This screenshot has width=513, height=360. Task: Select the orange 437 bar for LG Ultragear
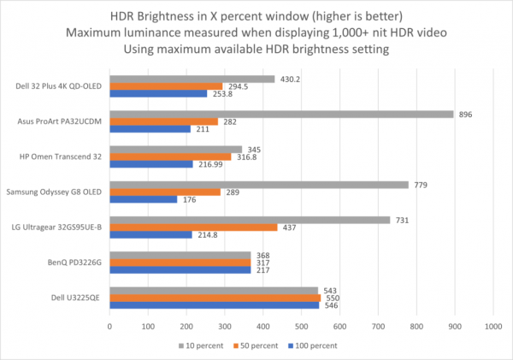click(193, 227)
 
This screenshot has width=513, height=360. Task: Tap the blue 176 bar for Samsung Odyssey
click(143, 199)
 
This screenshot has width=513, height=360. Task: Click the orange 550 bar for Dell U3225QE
click(215, 298)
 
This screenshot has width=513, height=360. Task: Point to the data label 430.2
click(293, 79)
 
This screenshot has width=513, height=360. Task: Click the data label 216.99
click(209, 164)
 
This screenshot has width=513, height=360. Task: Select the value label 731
click(401, 220)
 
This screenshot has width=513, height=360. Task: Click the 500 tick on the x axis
click(301, 326)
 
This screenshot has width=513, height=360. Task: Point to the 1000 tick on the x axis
click(492, 326)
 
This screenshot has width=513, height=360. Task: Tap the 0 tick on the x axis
click(109, 326)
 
